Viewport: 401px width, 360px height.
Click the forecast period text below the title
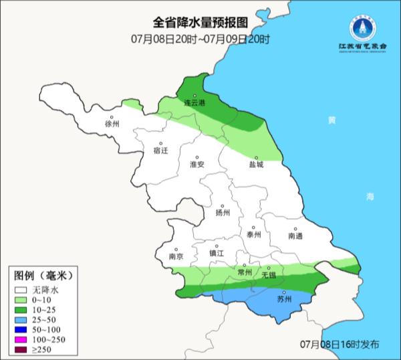(x=200, y=39)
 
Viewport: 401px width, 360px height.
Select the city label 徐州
(x=112, y=124)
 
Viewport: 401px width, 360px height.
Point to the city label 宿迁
(x=160, y=151)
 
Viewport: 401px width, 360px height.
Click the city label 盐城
(x=256, y=164)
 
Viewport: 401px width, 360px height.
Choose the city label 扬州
(x=223, y=213)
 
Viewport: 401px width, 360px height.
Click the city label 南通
(x=295, y=236)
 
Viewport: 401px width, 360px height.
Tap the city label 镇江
(x=218, y=254)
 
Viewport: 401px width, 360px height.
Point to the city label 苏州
(x=284, y=299)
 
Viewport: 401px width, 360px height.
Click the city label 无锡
(x=268, y=274)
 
